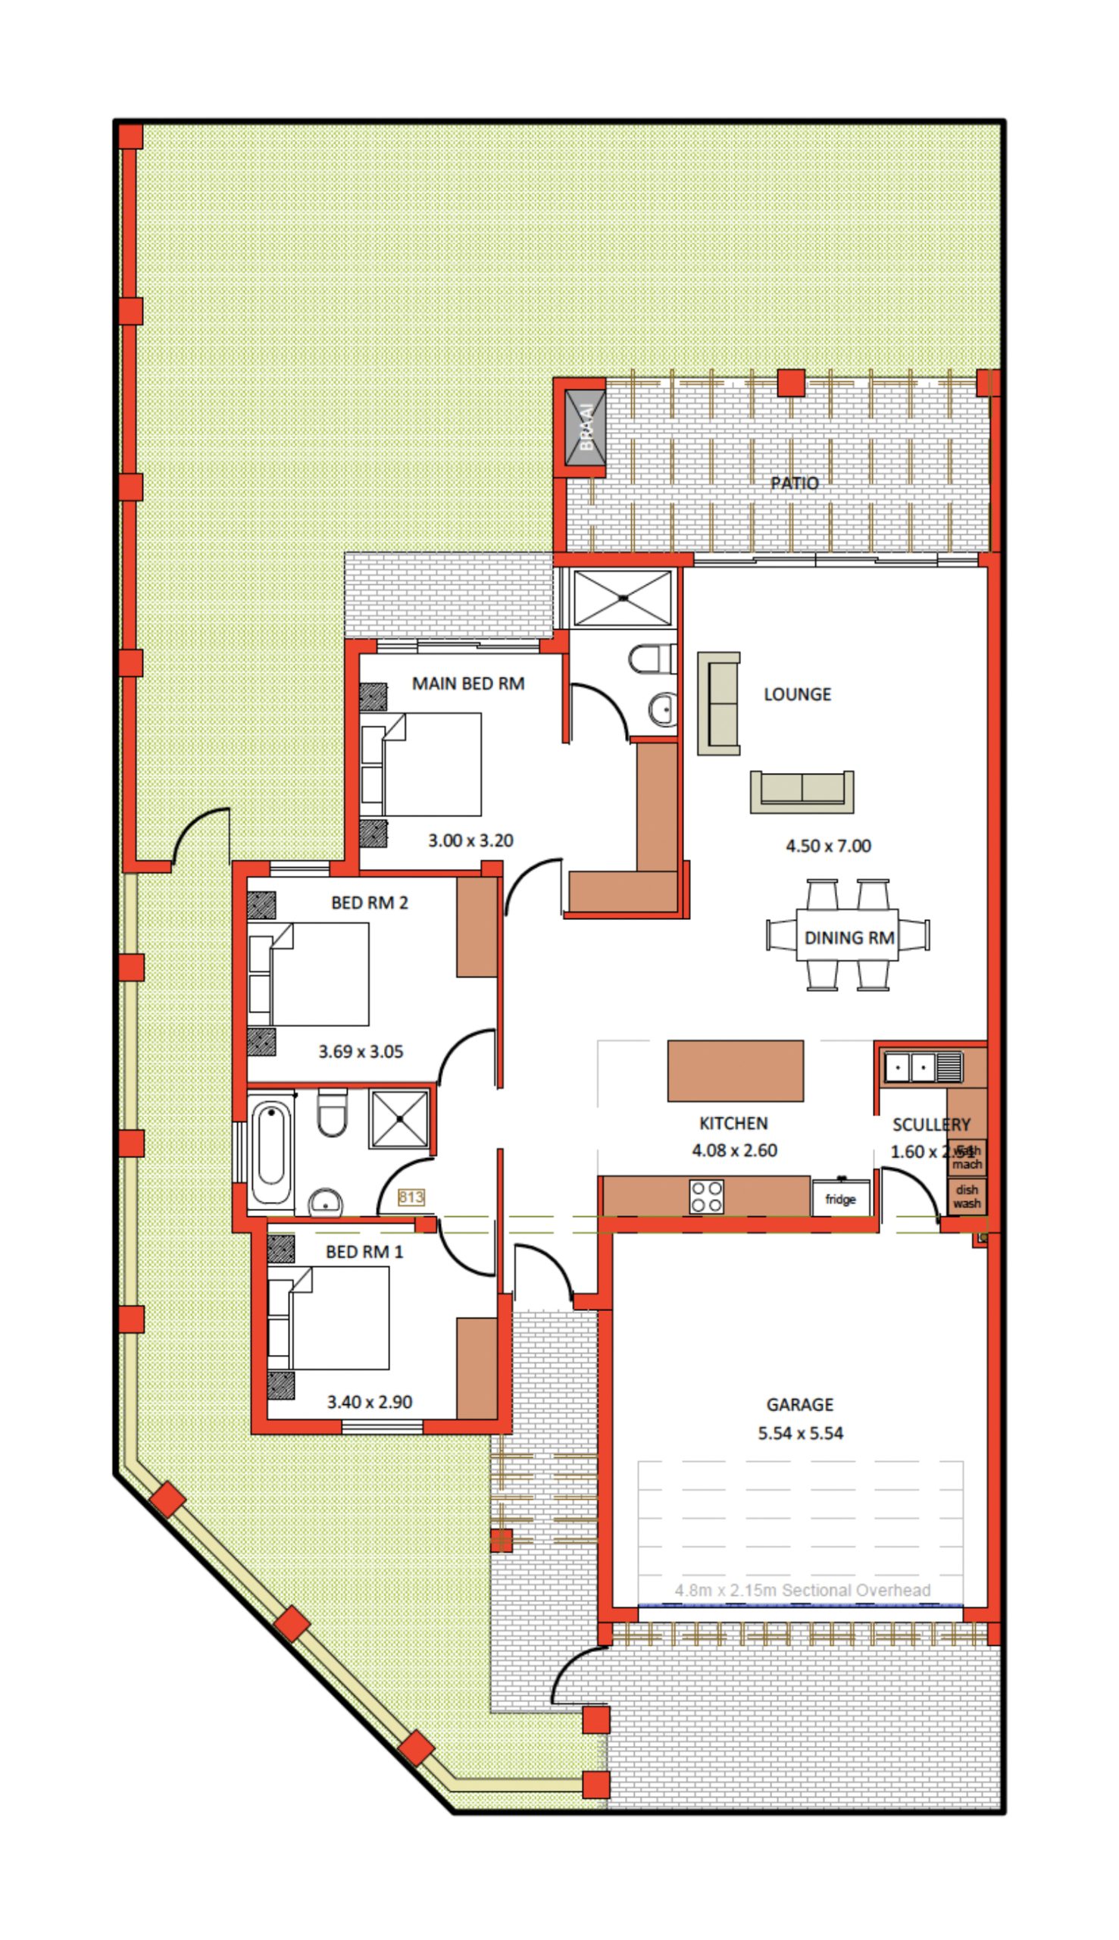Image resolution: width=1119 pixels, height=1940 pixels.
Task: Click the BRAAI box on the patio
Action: [586, 428]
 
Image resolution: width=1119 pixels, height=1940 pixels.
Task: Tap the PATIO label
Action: [794, 483]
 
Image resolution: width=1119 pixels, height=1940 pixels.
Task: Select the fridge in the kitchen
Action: [840, 1199]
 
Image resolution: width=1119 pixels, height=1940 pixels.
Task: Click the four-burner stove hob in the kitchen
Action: [706, 1197]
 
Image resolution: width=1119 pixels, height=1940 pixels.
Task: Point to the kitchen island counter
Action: [735, 1071]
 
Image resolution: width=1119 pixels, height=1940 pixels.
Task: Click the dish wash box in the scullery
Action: [967, 1196]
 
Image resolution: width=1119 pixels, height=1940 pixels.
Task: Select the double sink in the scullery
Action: [922, 1067]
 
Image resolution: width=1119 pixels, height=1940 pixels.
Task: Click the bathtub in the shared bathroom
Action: [270, 1153]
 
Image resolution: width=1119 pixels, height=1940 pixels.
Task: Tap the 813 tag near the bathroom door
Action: [411, 1197]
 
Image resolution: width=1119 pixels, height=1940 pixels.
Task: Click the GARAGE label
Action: [799, 1404]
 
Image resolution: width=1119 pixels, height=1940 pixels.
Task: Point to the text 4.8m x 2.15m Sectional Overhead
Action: [802, 1591]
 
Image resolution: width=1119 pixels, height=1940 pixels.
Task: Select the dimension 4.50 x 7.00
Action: [828, 846]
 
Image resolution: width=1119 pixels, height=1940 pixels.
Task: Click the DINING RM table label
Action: [849, 937]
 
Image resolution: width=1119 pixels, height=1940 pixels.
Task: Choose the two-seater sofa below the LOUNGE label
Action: [802, 792]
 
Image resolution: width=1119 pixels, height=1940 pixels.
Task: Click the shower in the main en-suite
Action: [624, 597]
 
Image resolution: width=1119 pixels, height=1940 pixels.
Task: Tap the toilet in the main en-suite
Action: [652, 659]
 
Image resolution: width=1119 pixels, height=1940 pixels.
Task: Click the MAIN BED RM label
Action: [467, 684]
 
